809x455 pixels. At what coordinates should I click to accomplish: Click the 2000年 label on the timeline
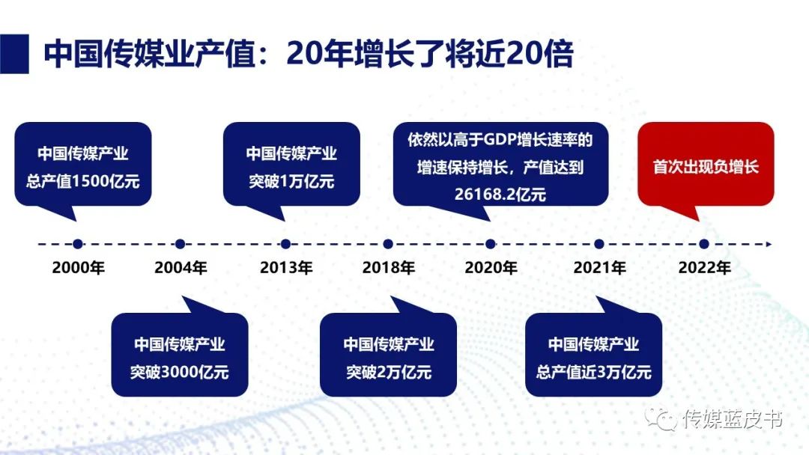tap(78, 268)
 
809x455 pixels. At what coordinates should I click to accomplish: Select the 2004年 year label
tap(181, 268)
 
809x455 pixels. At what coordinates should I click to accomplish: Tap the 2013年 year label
tap(285, 268)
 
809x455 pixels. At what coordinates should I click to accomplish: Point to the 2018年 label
tap(388, 268)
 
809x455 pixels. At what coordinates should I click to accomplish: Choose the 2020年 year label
tap(491, 268)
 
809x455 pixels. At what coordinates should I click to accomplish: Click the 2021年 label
tap(599, 268)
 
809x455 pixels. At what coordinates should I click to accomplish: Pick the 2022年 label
tap(704, 268)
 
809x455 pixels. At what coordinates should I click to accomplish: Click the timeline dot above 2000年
tap(78, 244)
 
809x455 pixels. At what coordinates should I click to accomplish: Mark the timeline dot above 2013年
tap(285, 244)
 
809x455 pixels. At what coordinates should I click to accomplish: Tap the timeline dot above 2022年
tap(704, 244)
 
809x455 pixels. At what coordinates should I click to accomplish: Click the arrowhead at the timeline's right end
tap(766, 244)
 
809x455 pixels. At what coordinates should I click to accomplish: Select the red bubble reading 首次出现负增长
tap(705, 165)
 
